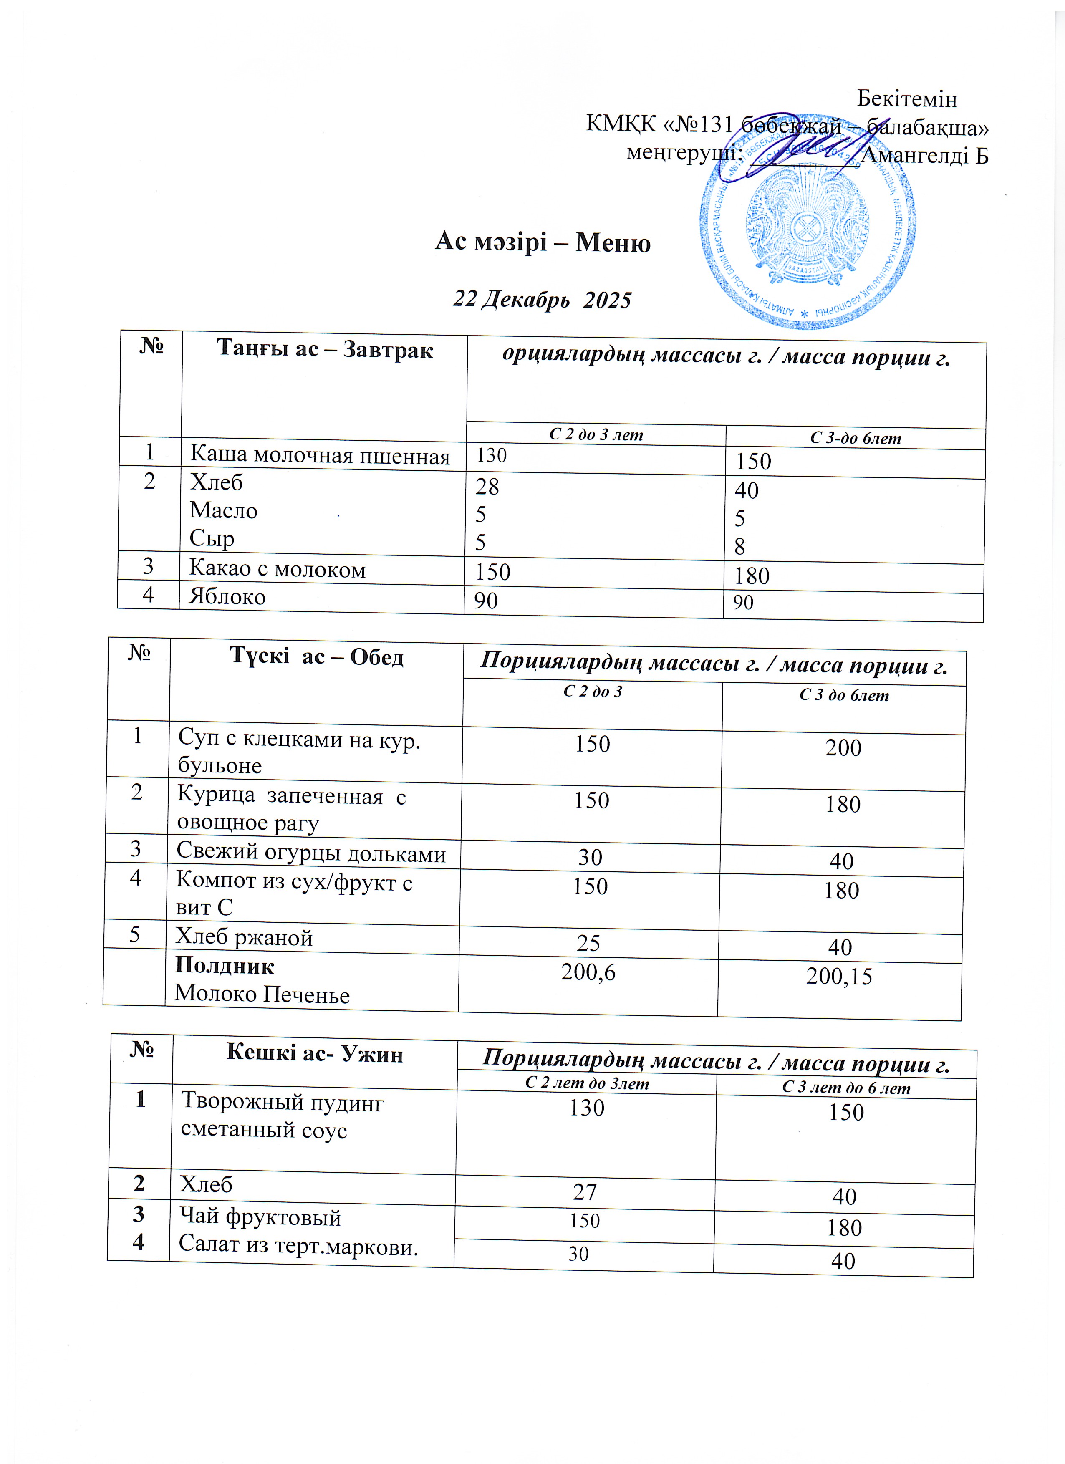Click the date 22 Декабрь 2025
pyautogui.click(x=542, y=300)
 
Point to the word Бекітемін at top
pyautogui.click(x=907, y=99)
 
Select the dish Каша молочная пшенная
pyautogui.click(x=320, y=456)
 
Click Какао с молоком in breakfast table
pyautogui.click(x=277, y=569)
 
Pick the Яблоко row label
pyautogui.click(x=227, y=596)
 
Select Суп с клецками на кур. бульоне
pyautogui.click(x=299, y=752)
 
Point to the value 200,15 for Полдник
pyautogui.click(x=839, y=976)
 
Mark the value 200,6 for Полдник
pyautogui.click(x=588, y=972)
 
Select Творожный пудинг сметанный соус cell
pyautogui.click(x=283, y=1116)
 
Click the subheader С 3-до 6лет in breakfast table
pyautogui.click(x=855, y=438)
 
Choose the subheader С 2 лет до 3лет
pyautogui.click(x=587, y=1083)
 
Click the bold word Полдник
pyautogui.click(x=225, y=966)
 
